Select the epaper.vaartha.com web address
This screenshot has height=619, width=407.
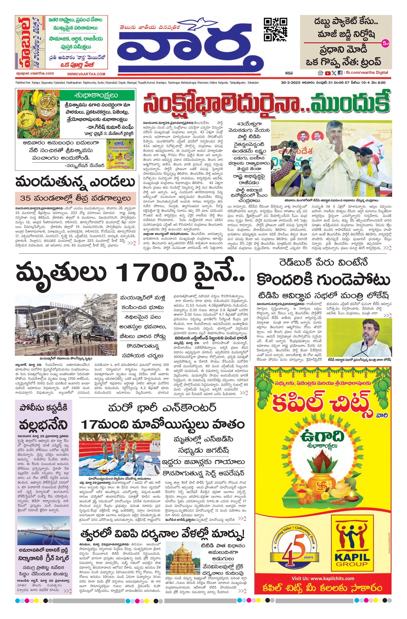(35, 73)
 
